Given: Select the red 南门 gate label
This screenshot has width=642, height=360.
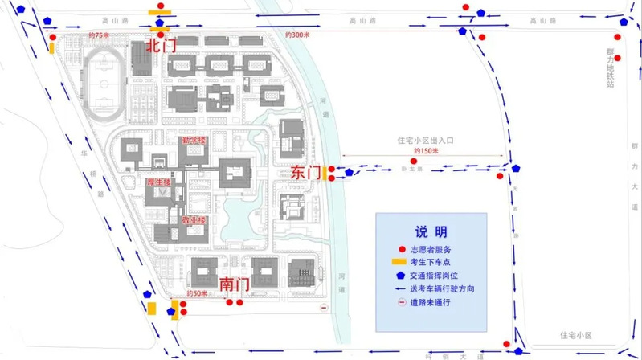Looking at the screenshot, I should point(233,284).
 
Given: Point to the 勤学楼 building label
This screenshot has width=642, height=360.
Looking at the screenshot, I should point(194,141).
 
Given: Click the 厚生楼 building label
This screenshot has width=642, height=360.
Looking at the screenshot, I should point(157,182).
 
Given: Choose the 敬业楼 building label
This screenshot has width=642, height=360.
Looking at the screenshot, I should point(193,219).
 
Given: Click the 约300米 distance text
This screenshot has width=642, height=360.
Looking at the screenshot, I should point(297,35).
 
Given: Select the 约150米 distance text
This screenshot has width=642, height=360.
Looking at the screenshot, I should point(425,150).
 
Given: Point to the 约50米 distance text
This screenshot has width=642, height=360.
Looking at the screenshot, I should point(197,294).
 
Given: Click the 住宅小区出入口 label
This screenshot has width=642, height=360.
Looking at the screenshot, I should point(426,140).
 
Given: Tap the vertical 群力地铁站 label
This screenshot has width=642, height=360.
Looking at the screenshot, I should point(611,65).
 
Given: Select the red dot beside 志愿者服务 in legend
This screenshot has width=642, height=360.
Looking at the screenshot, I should point(398,250).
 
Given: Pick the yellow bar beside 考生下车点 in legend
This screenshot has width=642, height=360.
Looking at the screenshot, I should point(398,263).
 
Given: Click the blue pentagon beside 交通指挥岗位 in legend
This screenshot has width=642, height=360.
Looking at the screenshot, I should point(398,276).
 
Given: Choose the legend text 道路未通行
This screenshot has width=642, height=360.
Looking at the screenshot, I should point(433,302).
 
